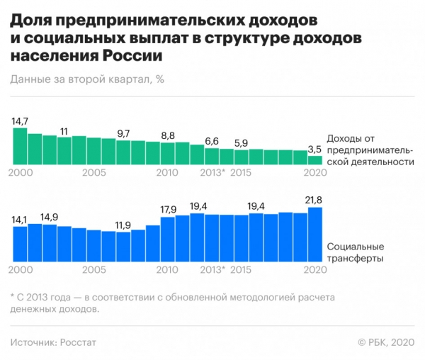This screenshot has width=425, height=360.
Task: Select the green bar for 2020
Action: click(x=315, y=161)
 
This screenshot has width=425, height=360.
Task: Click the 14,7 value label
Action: click(x=20, y=121)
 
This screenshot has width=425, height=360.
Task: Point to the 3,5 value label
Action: click(x=315, y=150)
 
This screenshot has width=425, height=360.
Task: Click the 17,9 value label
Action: click(x=169, y=210)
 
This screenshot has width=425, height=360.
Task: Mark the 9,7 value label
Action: click(x=124, y=133)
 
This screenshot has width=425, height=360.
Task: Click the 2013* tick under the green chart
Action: click(x=213, y=172)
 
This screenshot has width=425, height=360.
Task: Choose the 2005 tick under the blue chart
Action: click(x=94, y=270)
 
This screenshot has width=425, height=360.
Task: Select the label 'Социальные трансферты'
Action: click(x=355, y=252)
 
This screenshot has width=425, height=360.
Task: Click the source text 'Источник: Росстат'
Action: click(x=54, y=342)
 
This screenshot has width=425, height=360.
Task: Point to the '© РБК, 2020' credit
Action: click(x=385, y=342)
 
